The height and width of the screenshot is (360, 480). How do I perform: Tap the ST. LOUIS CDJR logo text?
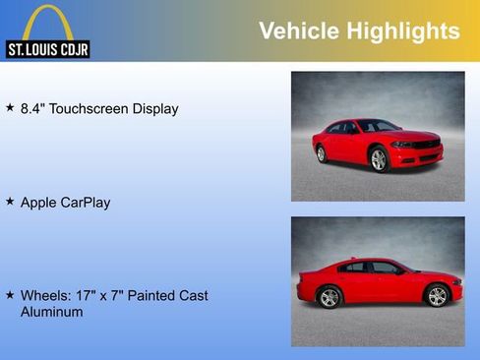pyautogui.click(x=47, y=49)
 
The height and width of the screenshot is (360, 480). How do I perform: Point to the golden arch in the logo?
pyautogui.click(x=47, y=22)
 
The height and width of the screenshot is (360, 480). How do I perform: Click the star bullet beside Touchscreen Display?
pyautogui.click(x=10, y=107)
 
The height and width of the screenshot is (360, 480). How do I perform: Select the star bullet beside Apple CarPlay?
pyautogui.click(x=10, y=201)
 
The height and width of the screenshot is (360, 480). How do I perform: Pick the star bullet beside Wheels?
pyautogui.click(x=10, y=294)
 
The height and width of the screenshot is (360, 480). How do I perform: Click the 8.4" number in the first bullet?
pyautogui.click(x=32, y=108)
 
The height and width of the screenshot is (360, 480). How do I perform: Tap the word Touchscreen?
pyautogui.click(x=90, y=108)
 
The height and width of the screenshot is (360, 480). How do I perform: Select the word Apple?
pyautogui.click(x=39, y=203)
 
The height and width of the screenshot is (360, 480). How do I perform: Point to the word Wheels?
pyautogui.click(x=44, y=295)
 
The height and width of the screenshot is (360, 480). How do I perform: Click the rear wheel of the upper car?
pyautogui.click(x=321, y=153)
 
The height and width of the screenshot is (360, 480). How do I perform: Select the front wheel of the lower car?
pyautogui.click(x=437, y=296)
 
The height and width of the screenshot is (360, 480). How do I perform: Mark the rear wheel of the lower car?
pyautogui.click(x=330, y=297)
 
